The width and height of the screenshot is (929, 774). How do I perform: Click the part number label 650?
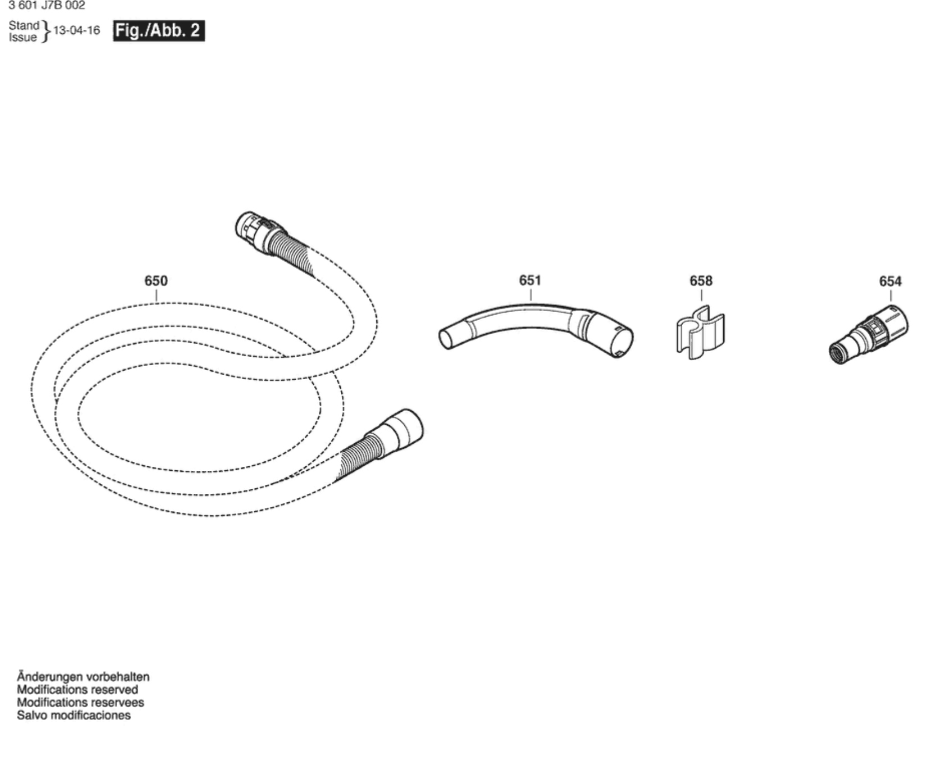pos(156,281)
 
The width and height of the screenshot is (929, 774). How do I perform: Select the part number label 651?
pos(530,280)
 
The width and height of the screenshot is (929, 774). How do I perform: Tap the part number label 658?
pos(701,281)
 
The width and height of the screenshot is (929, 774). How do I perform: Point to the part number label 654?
pos(890,281)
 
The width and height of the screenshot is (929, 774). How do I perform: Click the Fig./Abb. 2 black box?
pos(159,30)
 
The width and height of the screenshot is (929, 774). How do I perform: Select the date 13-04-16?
pos(76,30)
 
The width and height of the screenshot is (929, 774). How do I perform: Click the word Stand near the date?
pos(24,25)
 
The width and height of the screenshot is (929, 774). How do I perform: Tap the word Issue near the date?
pos(22,38)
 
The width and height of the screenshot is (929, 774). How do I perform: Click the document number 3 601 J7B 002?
pos(47,6)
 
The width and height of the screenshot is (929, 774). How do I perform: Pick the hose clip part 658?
pos(700,332)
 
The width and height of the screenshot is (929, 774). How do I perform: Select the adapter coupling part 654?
pos(869,335)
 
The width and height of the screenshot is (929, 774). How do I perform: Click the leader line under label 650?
pos(156,295)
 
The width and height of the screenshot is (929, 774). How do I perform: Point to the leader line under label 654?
pos(891,296)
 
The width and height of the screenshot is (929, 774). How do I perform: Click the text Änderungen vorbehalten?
pos(83,677)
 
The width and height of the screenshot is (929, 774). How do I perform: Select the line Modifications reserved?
pos(77,690)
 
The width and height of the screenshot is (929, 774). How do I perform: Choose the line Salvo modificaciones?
pos(74,715)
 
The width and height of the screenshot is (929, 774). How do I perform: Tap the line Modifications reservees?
pos(80,703)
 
